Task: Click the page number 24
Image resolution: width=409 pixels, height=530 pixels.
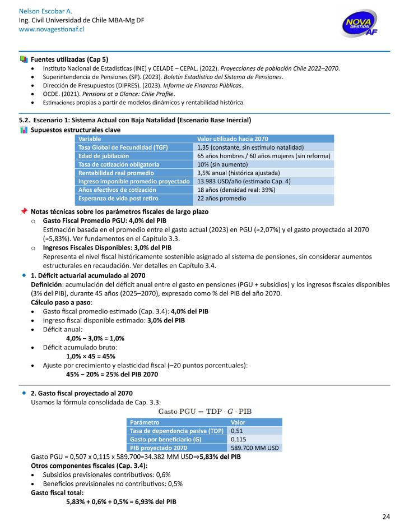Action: [386, 517]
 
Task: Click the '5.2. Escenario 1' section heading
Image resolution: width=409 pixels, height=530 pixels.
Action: [135, 121]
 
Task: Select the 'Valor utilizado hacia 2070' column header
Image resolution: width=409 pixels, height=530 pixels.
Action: [233, 139]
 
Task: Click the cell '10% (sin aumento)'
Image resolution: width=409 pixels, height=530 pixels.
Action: [223, 164]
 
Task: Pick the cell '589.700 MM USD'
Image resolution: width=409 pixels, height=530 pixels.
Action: [255, 448]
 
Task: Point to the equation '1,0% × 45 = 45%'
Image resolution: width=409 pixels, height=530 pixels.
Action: [91, 356]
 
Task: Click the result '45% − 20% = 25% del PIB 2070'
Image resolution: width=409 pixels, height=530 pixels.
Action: [112, 374]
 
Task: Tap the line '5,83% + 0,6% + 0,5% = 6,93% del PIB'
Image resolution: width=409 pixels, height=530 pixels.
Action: [121, 501]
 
